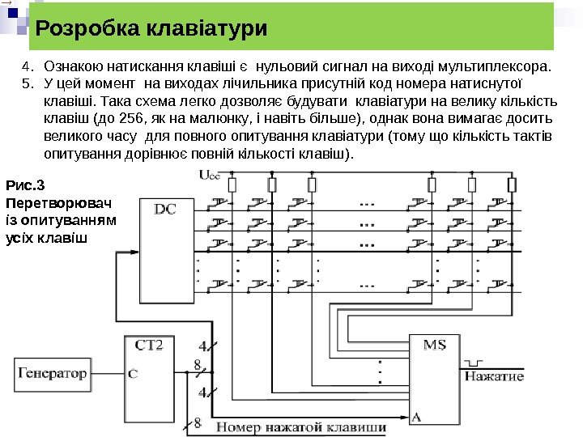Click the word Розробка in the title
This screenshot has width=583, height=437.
pyautogui.click(x=85, y=30)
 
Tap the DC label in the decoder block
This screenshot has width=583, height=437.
pyautogui.click(x=165, y=209)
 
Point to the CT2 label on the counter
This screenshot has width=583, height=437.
pyautogui.click(x=149, y=346)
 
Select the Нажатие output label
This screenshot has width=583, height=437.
pyautogui.click(x=494, y=376)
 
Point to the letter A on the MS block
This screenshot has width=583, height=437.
pyautogui.click(x=416, y=417)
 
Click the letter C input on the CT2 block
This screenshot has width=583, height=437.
pyautogui.click(x=133, y=374)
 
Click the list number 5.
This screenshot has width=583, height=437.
pyautogui.click(x=26, y=82)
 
